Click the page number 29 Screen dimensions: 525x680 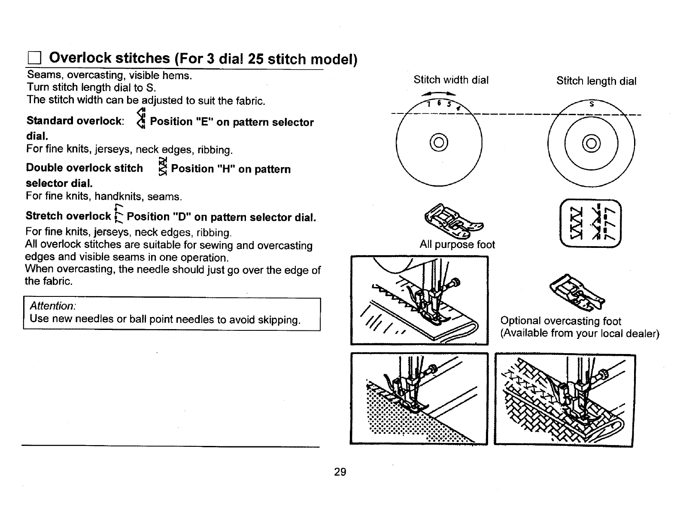point(340,472)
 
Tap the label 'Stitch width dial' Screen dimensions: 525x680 point(451,80)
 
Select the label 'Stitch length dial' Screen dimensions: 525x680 point(596,81)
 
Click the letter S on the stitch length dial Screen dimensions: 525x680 point(592,104)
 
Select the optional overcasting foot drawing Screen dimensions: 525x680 point(577,292)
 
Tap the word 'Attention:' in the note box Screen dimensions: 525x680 point(53,306)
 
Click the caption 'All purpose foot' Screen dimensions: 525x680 point(457,245)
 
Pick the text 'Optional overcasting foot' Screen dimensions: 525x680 point(561,321)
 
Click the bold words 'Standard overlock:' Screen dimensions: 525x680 point(75,121)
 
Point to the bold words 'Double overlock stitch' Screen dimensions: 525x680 point(84,168)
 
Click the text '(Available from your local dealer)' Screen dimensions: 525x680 point(580,334)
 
